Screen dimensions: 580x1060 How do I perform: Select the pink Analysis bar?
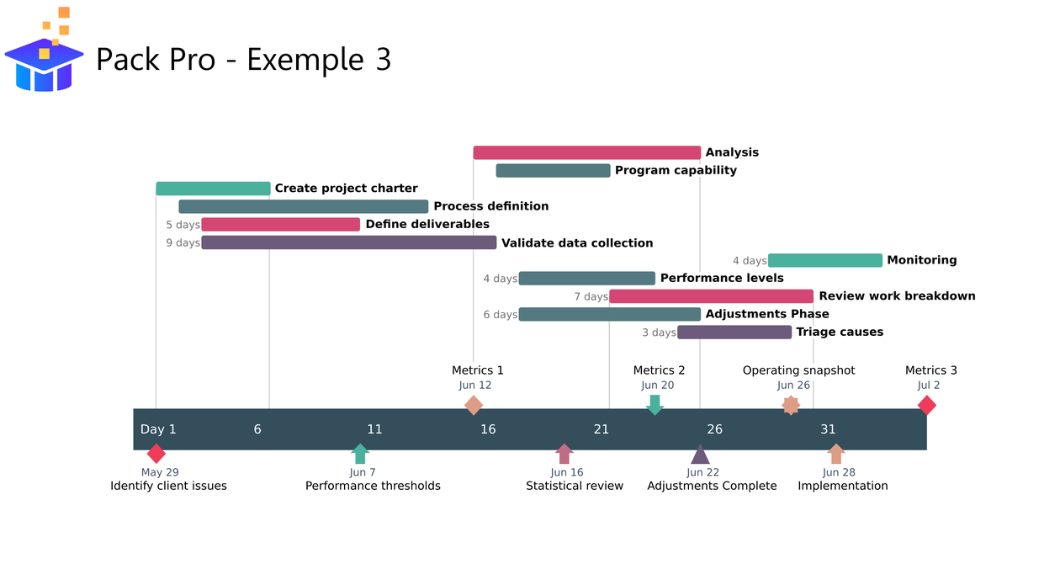pyautogui.click(x=586, y=152)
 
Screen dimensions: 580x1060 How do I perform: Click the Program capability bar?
pyautogui.click(x=553, y=171)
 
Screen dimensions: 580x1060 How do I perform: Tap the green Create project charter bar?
pyautogui.click(x=213, y=189)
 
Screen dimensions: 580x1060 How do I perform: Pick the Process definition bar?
pyautogui.click(x=304, y=206)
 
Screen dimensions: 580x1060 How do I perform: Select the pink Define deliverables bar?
pyautogui.click(x=280, y=225)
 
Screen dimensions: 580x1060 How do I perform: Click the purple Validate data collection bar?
pyautogui.click(x=348, y=242)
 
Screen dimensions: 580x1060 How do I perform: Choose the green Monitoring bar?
pyautogui.click(x=824, y=260)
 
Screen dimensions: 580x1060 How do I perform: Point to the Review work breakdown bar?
pyautogui.click(x=711, y=296)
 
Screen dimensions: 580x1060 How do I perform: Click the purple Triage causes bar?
pyautogui.click(x=734, y=333)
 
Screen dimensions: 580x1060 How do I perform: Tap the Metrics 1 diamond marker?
pyautogui.click(x=474, y=406)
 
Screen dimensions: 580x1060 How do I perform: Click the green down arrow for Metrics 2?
pyautogui.click(x=655, y=405)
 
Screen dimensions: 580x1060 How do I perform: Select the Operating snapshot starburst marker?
pyautogui.click(x=791, y=406)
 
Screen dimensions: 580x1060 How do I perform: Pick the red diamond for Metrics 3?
pyautogui.click(x=926, y=406)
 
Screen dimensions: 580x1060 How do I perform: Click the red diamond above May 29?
pyautogui.click(x=156, y=454)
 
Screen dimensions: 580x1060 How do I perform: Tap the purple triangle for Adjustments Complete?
pyautogui.click(x=700, y=455)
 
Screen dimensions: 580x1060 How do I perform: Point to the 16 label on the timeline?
pyautogui.click(x=488, y=429)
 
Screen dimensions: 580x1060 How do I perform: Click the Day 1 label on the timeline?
pyautogui.click(x=158, y=429)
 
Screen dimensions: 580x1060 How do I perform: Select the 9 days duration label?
pyautogui.click(x=183, y=243)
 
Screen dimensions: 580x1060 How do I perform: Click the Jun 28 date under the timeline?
pyautogui.click(x=839, y=472)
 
